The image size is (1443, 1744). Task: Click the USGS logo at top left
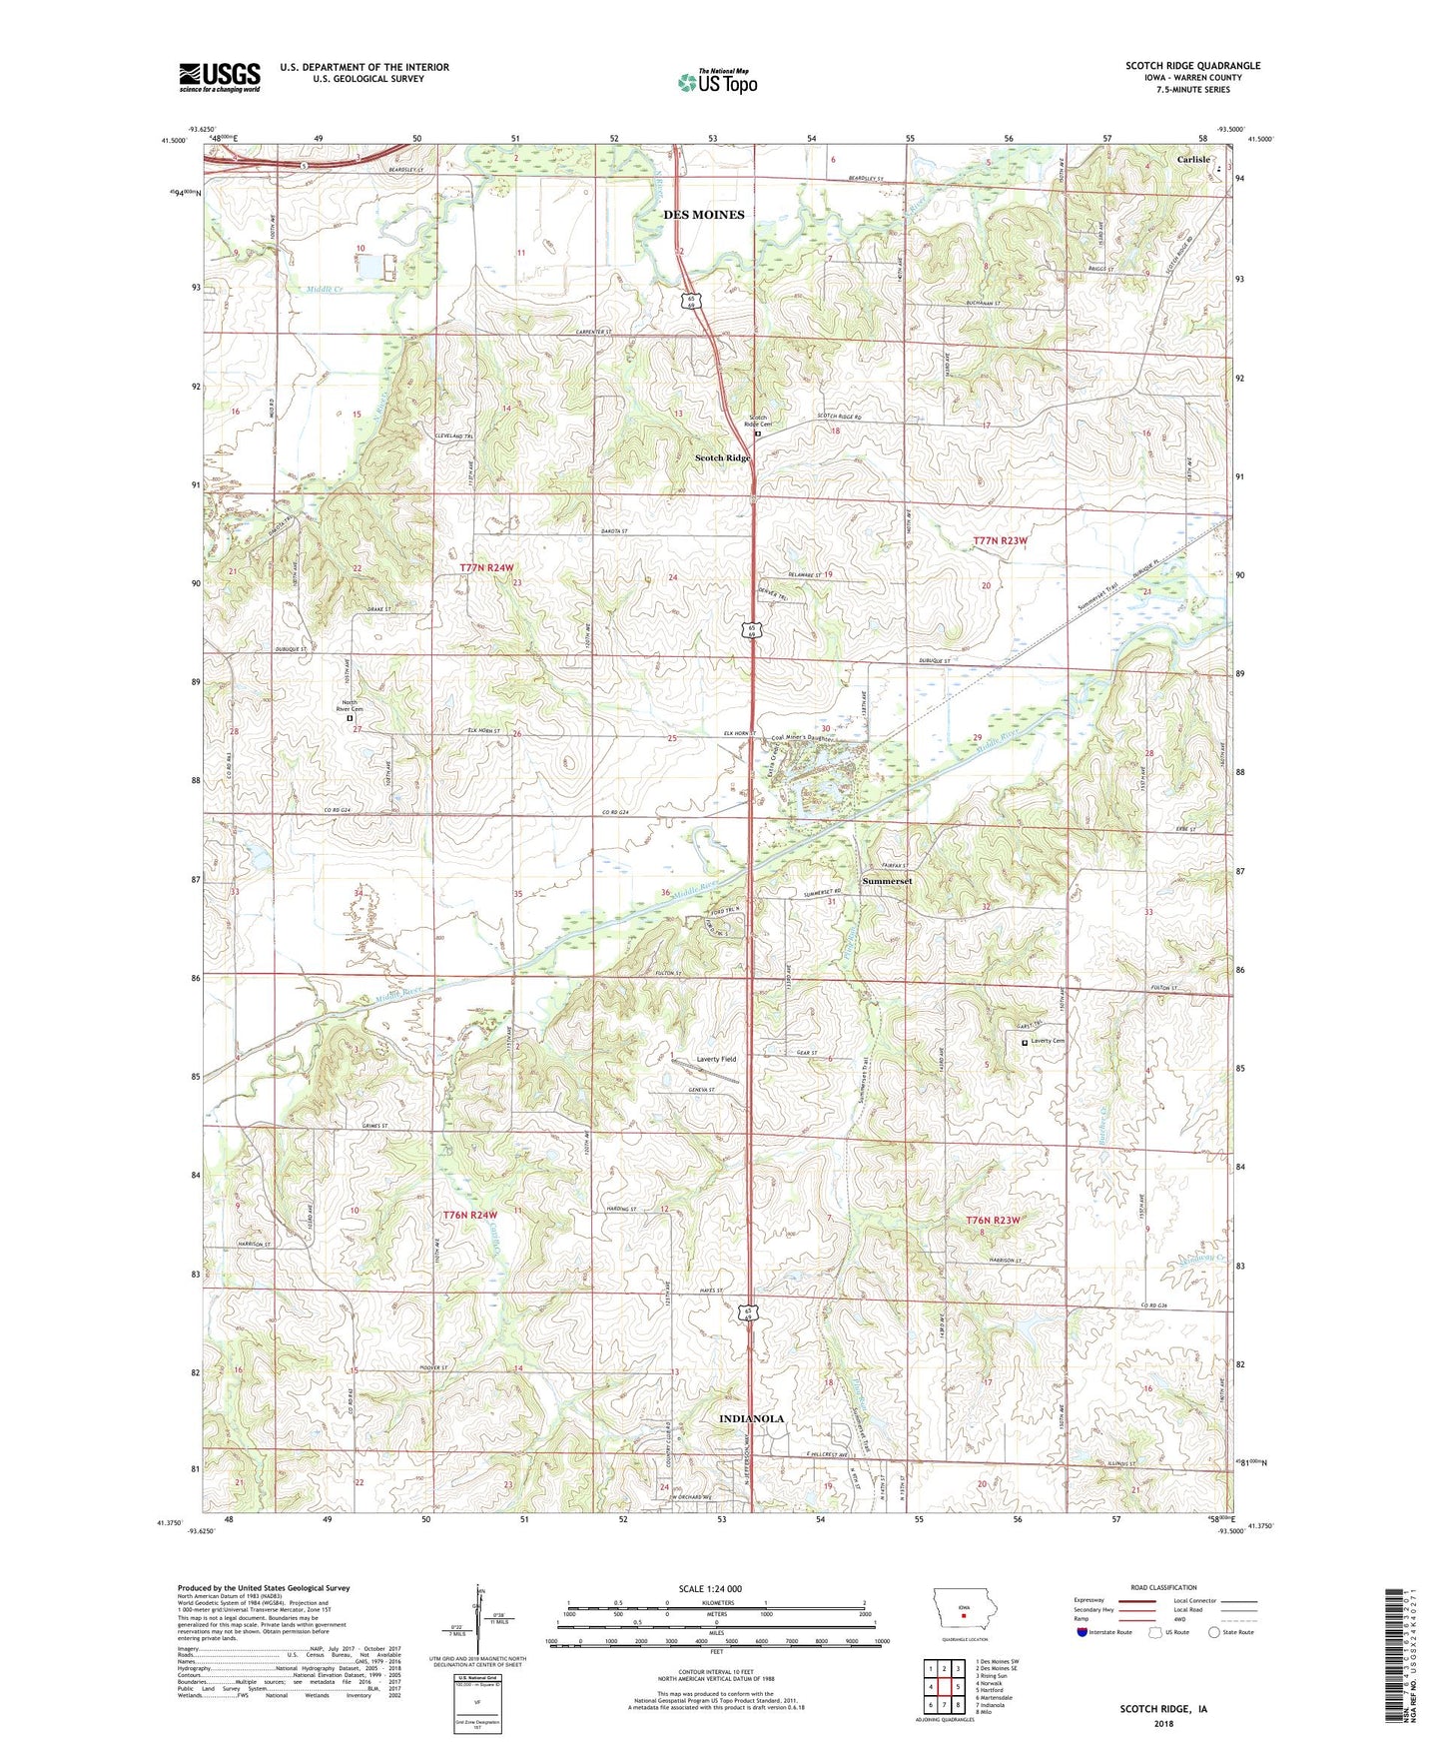219,77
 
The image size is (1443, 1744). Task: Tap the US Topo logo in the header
716,82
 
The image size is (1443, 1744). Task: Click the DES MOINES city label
704,215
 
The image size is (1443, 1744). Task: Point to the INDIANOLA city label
751,1418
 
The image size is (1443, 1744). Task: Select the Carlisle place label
1192,160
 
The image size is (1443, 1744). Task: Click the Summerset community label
887,881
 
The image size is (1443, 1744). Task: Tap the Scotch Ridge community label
722,457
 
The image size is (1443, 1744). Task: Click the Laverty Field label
716,1059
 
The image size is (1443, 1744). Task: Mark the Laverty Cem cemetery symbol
1025,1042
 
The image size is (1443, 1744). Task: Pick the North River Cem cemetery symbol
350,717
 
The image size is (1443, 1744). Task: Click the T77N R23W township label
1000,540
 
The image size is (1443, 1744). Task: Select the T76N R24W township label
469,1215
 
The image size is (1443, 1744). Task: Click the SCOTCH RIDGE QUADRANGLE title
1192,66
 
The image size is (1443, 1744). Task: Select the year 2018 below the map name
1162,1722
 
